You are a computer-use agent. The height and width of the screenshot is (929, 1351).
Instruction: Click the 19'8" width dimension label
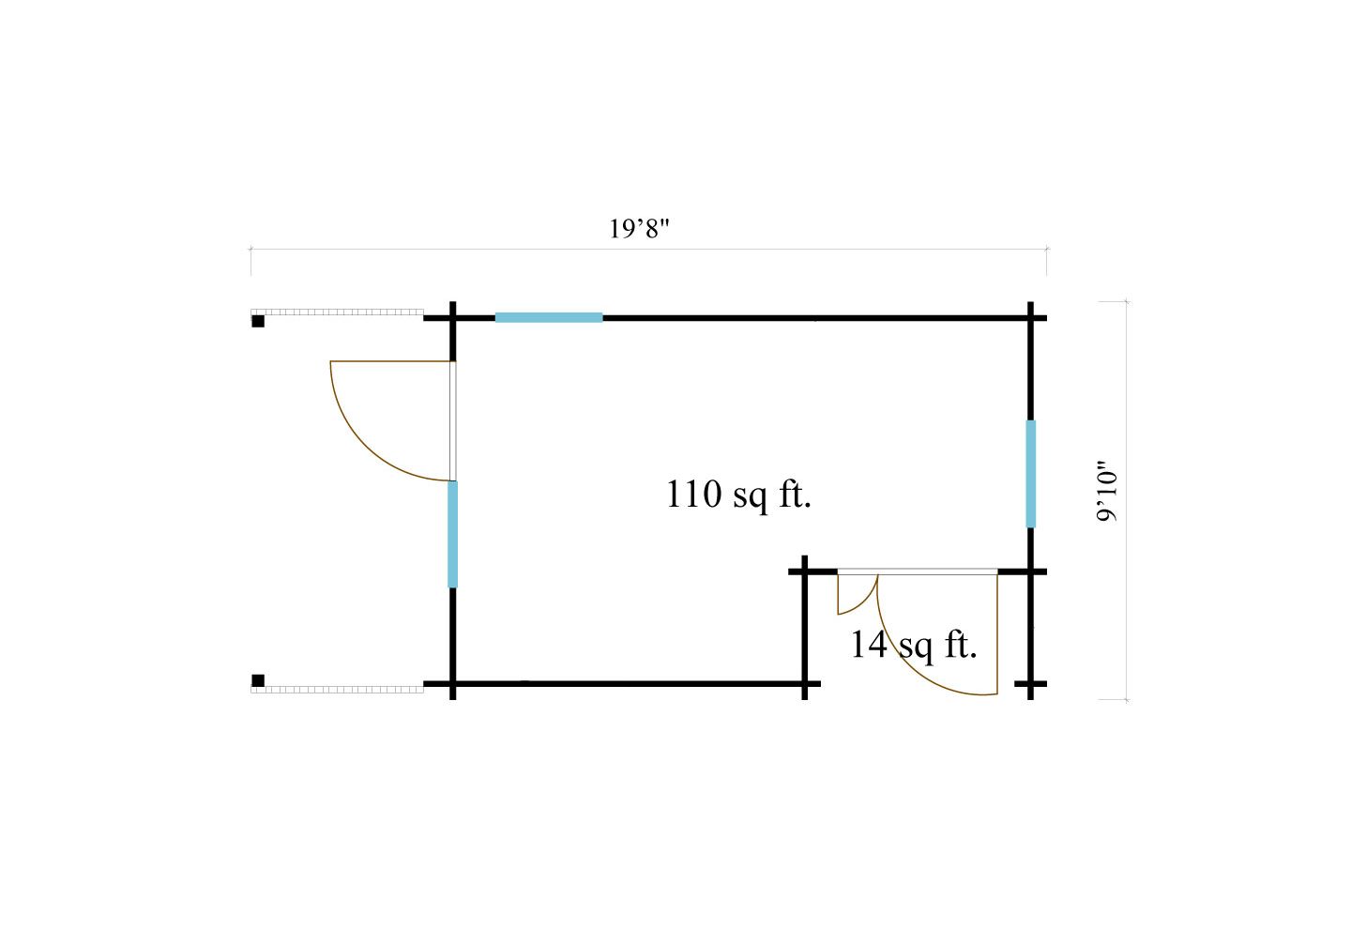coord(642,228)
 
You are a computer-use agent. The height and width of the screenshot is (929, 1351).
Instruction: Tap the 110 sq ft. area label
coord(738,494)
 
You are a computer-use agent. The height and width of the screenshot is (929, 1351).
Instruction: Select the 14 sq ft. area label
coord(913,645)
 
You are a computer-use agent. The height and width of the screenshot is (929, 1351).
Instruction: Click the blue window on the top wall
coord(549,318)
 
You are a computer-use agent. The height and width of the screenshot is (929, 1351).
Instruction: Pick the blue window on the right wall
coord(1031,473)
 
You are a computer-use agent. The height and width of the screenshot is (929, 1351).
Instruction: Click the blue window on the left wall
coord(452,534)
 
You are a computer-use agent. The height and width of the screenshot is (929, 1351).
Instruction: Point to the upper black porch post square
coord(258,321)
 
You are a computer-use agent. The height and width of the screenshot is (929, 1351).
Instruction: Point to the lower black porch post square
coord(258,680)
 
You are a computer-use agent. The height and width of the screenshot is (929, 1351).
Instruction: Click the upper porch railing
coord(338,312)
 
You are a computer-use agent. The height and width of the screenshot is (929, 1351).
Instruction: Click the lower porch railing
coord(338,689)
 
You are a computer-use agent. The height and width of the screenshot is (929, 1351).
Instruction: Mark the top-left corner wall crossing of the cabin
coord(453,318)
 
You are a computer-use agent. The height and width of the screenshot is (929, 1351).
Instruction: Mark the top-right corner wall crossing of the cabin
coord(1031,318)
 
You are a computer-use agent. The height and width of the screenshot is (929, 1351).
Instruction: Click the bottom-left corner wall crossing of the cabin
coord(453,684)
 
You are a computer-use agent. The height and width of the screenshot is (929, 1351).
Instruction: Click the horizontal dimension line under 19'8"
coord(647,250)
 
